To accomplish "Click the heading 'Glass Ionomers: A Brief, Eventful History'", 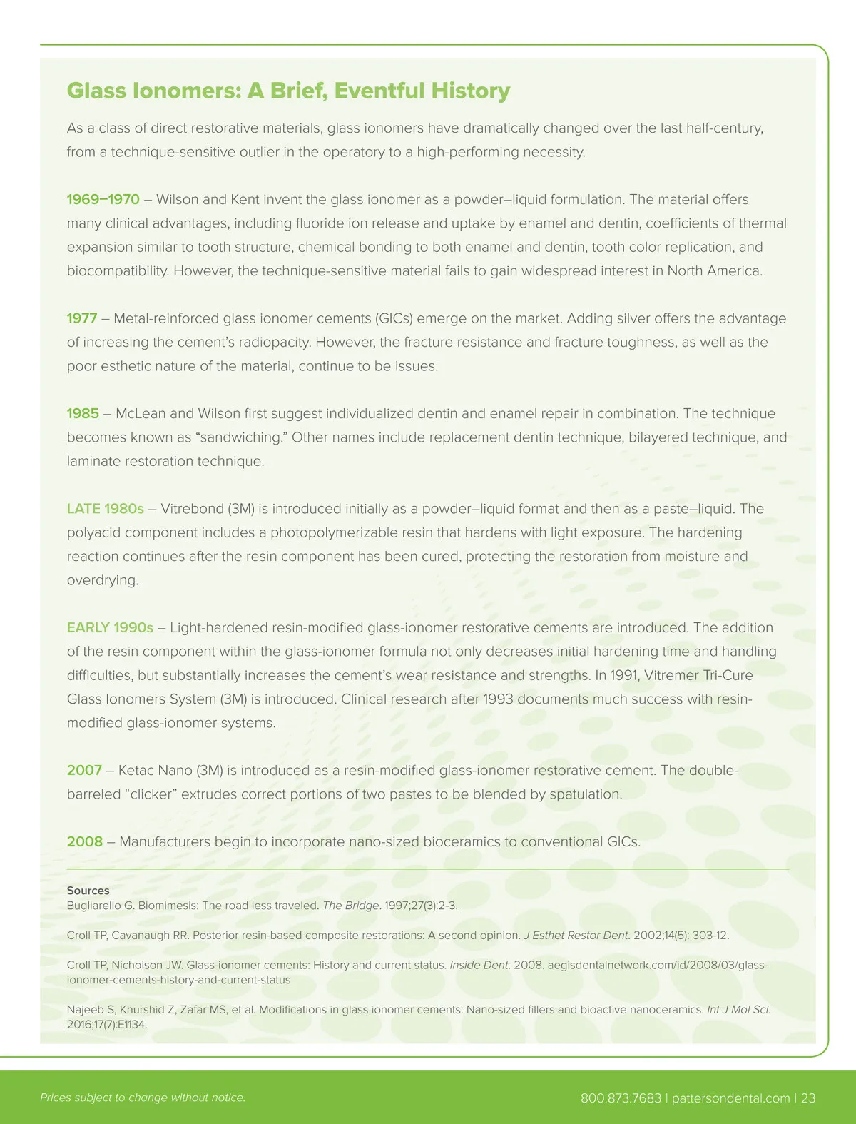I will (x=288, y=91).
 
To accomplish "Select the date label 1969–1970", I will (x=103, y=200).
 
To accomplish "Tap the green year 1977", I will (x=81, y=318).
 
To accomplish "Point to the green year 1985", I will (x=83, y=414).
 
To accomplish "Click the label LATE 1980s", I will (x=105, y=509).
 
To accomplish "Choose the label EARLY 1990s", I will (x=110, y=628).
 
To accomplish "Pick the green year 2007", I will (x=84, y=771).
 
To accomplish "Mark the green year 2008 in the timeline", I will (x=84, y=842).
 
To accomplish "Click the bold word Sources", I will (x=88, y=891).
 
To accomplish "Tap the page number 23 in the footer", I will (x=807, y=1098).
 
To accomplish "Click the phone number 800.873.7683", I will (x=621, y=1098).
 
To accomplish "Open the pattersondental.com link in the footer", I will (x=730, y=1098).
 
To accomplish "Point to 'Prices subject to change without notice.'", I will (x=143, y=1098).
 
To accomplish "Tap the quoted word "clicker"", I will (x=151, y=794).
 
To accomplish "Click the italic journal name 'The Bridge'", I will (x=350, y=906).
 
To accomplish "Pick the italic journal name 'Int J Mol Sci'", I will (x=738, y=1010).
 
